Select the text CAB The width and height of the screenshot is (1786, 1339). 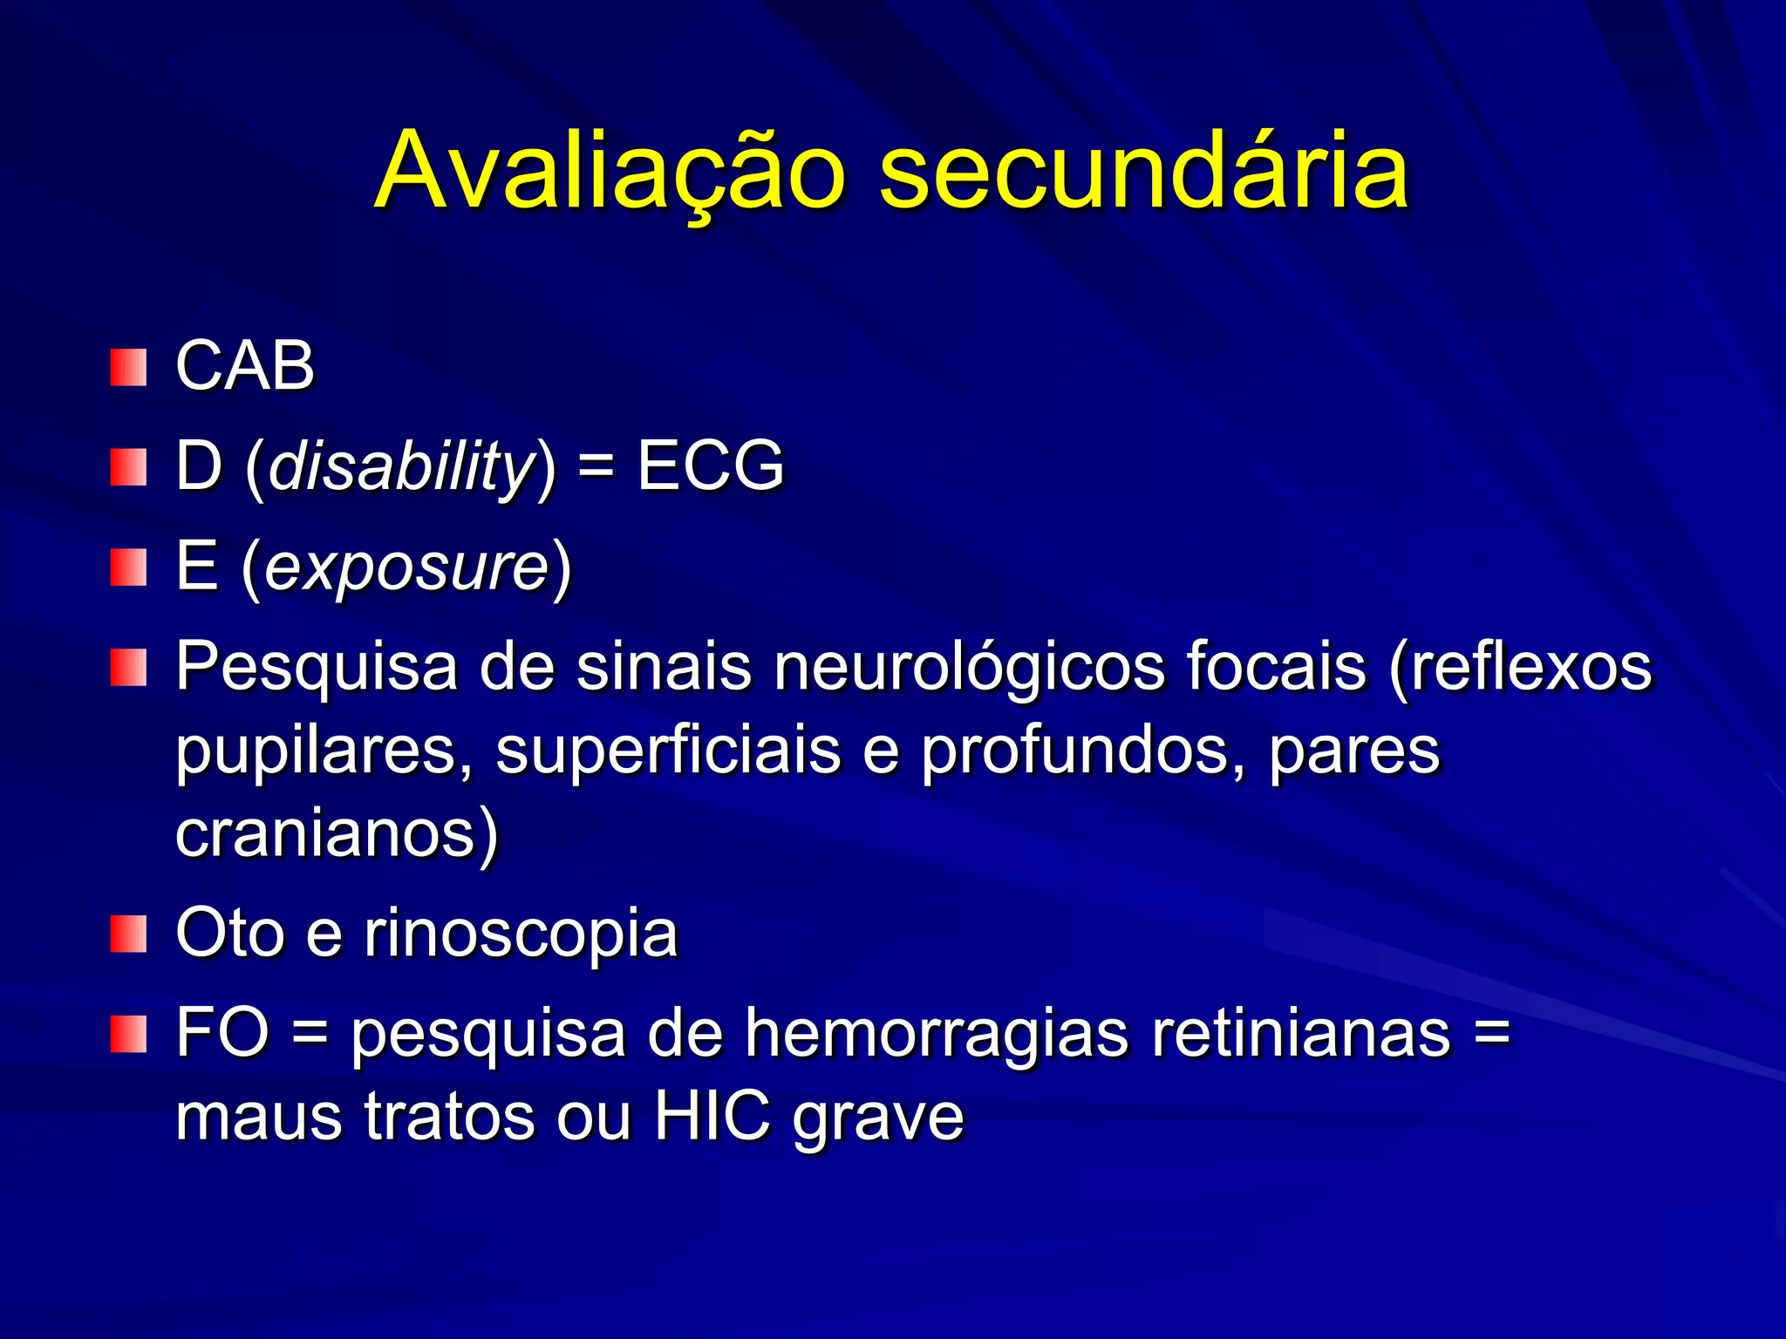[245, 365]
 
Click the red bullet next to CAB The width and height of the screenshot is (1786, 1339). [128, 367]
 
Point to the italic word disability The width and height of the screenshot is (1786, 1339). [400, 466]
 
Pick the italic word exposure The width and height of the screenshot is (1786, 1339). [406, 568]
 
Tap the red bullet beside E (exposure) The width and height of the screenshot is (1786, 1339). [128, 568]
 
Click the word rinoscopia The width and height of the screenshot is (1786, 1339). [521, 934]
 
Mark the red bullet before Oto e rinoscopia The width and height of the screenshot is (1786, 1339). [128, 934]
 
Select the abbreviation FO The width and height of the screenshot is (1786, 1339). [222, 1033]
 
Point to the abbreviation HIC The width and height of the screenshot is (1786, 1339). [712, 1116]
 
